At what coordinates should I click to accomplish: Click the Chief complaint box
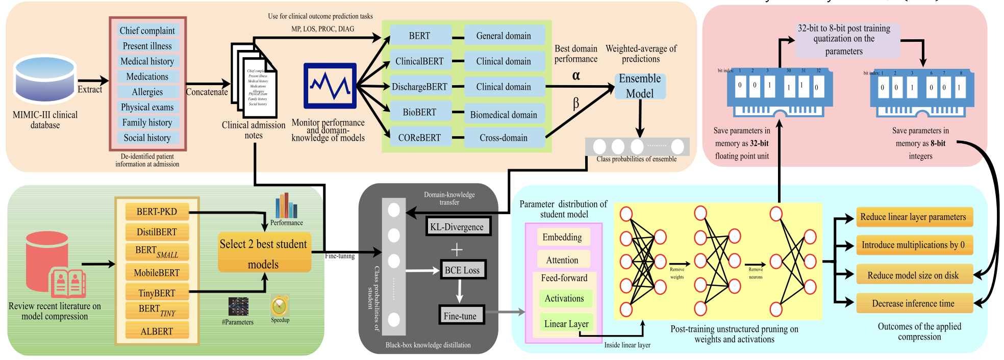coord(147,31)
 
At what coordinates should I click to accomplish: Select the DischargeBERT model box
coord(420,87)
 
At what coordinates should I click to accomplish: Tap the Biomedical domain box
coord(504,115)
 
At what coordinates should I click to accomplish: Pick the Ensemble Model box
coord(640,86)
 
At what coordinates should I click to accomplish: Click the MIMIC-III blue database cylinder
coord(45,79)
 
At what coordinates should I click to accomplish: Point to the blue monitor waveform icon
coord(330,86)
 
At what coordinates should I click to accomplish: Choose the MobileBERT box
coord(157,273)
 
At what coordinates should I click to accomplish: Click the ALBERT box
coord(157,331)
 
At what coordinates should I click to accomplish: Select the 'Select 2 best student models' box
coord(264,253)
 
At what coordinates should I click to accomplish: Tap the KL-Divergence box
coord(457,227)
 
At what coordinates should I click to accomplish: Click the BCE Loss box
coord(462,270)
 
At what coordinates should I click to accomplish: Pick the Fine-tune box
coord(460,316)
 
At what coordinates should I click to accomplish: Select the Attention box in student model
coord(562,260)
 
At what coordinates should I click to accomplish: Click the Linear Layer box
coord(566,324)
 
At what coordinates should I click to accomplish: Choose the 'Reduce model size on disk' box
coord(913,275)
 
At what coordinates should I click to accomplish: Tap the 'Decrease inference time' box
coord(913,303)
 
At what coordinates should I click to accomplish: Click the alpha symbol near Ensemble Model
coord(576,75)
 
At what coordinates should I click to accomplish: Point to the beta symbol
coord(576,104)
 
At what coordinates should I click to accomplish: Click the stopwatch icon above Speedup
coord(280,306)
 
